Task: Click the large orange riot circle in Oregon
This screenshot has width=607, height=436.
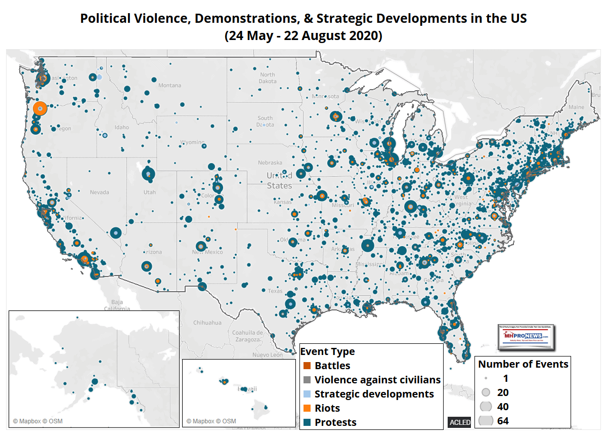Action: pyautogui.click(x=40, y=108)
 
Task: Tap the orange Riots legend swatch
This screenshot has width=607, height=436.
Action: pyautogui.click(x=306, y=408)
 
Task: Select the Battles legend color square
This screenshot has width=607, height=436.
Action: pyautogui.click(x=306, y=366)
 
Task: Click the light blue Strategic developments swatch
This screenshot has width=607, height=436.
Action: pyautogui.click(x=306, y=394)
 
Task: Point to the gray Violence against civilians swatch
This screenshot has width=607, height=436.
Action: pyautogui.click(x=306, y=380)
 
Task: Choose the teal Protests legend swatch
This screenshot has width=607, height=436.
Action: pyautogui.click(x=306, y=422)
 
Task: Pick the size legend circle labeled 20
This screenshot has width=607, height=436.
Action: pyautogui.click(x=486, y=392)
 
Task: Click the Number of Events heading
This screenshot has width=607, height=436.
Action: pyautogui.click(x=523, y=364)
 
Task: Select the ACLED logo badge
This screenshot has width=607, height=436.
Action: pyautogui.click(x=459, y=422)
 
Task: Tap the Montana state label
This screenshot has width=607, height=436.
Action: pyautogui.click(x=169, y=86)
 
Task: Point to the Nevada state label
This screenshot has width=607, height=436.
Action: pyautogui.click(x=99, y=192)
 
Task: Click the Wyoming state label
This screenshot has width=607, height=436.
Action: pyautogui.click(x=193, y=142)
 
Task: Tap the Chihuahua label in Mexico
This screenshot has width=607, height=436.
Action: pyautogui.click(x=207, y=323)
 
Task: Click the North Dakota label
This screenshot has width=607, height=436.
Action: pyautogui.click(x=268, y=77)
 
